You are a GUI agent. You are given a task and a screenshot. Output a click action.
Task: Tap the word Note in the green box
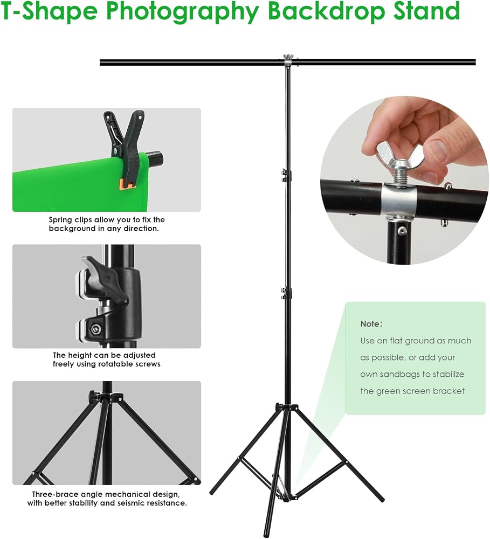tap(370, 324)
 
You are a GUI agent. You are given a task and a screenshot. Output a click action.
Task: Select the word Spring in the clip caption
tap(60, 220)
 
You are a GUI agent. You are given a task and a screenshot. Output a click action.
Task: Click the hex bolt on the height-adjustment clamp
tap(94, 330)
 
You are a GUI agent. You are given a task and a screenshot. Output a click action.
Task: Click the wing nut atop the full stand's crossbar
tap(287, 57)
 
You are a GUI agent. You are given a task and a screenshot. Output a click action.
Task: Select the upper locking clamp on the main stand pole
tap(286, 175)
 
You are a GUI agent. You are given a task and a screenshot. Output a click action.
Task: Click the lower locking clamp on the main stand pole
tap(286, 293)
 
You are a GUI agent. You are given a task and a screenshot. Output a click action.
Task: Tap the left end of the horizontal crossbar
tap(101, 62)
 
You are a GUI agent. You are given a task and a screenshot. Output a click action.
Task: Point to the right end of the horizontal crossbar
tap(474, 62)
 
